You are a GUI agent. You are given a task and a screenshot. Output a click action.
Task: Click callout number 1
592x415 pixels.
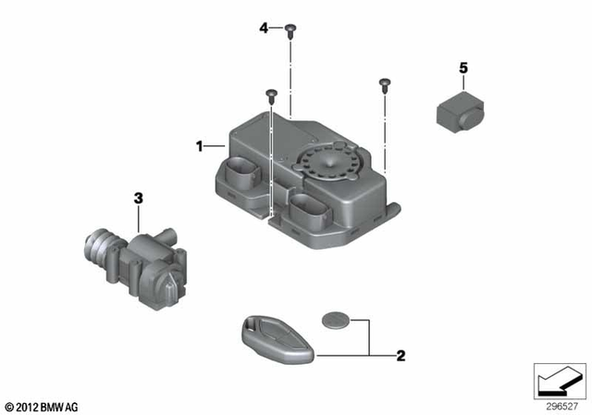point(198,146)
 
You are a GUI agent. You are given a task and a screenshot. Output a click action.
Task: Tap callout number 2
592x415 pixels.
point(401,354)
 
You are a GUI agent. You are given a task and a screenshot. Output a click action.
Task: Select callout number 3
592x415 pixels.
point(138,197)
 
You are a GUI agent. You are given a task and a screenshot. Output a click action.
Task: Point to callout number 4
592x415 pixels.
point(264,29)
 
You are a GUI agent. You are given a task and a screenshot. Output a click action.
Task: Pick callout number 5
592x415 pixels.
point(463,68)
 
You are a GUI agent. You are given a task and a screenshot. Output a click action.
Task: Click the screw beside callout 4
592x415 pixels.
point(290,30)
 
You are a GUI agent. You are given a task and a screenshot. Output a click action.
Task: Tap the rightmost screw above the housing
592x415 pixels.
point(383,84)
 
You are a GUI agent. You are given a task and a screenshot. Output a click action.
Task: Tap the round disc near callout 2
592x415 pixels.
point(335,321)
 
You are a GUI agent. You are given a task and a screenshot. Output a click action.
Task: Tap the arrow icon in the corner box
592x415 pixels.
point(559,380)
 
